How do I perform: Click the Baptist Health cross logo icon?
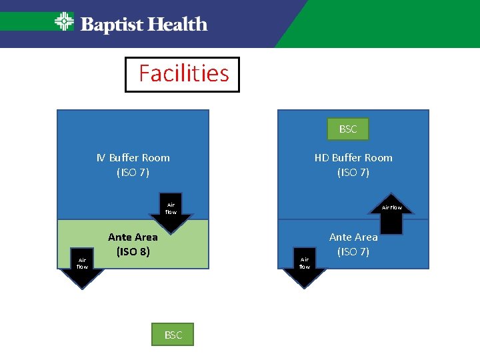[64, 22]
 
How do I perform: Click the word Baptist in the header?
[111, 25]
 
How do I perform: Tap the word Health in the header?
[176, 25]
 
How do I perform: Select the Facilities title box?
[182, 74]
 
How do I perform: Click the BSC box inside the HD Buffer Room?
[347, 129]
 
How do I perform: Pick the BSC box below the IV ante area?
[173, 335]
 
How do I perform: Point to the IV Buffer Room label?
[133, 158]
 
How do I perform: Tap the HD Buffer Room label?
[353, 158]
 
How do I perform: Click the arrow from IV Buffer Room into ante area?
[171, 216]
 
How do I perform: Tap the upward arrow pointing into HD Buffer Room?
[392, 215]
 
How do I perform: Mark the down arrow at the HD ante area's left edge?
[305, 268]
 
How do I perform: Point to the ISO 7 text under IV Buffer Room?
[133, 173]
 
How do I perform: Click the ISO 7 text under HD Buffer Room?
[353, 173]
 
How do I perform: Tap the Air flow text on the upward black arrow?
[392, 207]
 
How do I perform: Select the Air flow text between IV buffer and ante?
[171, 209]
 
